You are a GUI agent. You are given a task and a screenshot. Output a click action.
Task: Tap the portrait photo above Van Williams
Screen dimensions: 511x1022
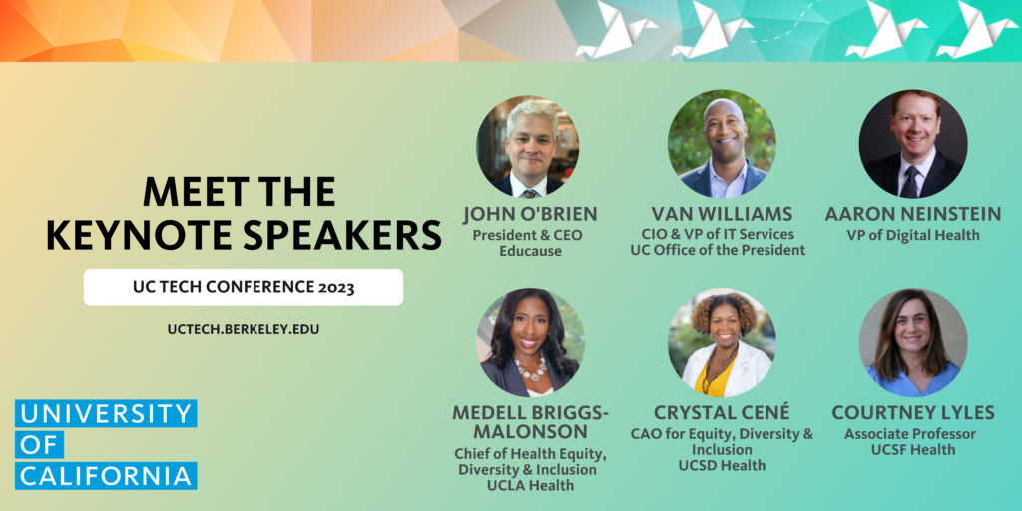pos(721,146)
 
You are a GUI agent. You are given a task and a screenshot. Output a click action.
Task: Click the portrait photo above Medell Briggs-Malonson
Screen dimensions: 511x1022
pos(529,343)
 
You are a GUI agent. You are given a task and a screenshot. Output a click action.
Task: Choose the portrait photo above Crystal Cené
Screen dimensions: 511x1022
pos(721,343)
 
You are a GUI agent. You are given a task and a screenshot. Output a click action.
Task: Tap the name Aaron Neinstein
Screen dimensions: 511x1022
pos(912,214)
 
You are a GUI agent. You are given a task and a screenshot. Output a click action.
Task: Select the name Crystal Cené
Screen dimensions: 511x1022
pos(721,412)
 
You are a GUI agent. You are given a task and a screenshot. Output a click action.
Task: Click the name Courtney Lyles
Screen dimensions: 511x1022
pos(912,412)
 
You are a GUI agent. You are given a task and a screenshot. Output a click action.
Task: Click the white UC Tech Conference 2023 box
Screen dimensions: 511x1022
pos(243,287)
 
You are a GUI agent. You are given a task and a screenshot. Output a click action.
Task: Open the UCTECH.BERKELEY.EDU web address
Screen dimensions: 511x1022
pos(243,328)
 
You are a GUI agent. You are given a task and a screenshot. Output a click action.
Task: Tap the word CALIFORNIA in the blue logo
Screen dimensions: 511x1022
pos(106,475)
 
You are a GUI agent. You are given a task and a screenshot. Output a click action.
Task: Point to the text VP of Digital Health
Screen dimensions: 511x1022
pos(912,235)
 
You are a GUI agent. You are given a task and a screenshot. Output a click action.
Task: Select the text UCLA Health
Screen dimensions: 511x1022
pos(531,486)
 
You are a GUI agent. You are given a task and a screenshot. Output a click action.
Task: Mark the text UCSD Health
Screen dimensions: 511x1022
pos(721,465)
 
